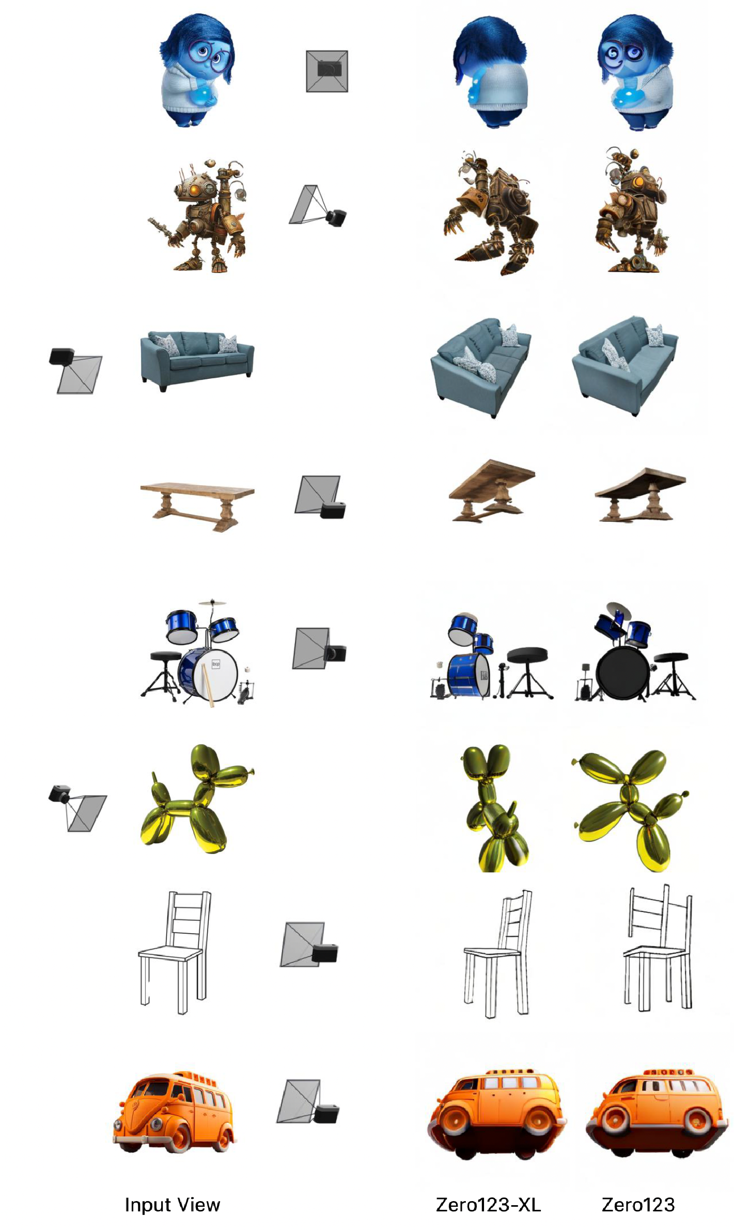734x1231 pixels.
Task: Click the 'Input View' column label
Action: click(x=173, y=1204)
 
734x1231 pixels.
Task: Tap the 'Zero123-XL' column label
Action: click(x=488, y=1204)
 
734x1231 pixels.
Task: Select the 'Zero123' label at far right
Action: click(x=638, y=1204)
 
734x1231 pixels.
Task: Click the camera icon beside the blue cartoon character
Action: click(x=327, y=71)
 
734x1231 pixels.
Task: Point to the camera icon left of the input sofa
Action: click(x=75, y=370)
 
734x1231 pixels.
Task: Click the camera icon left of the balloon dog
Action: click(x=77, y=808)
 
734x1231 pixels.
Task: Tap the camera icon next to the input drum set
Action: click(x=319, y=649)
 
